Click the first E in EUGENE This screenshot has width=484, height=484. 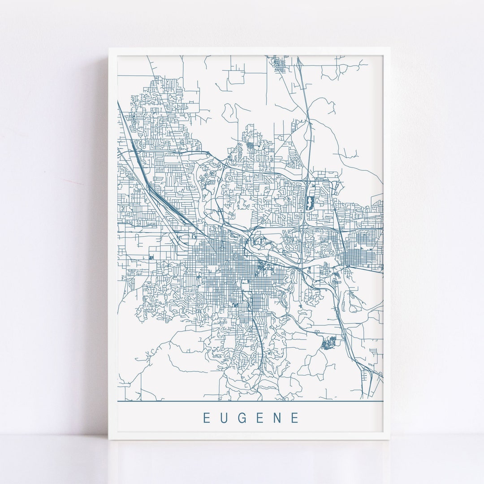coord(207,418)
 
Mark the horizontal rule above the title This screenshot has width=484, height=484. coord(250,401)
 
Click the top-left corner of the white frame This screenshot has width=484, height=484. coord(109,48)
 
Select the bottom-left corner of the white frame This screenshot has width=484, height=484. coord(109,439)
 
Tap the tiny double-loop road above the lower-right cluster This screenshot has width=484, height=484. coord(318,332)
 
